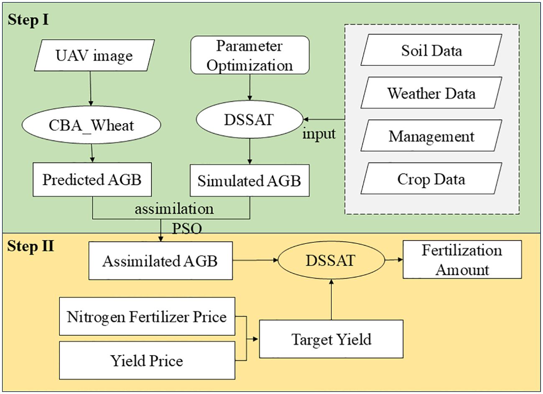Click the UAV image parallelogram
[94, 55]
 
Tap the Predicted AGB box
[92, 180]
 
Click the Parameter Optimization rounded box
[250, 56]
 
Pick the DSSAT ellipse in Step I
[250, 119]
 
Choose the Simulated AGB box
[250, 180]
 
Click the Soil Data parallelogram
[431, 50]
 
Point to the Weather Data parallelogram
[431, 93]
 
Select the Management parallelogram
[431, 136]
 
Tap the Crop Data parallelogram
[431, 179]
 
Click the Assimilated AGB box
[161, 261]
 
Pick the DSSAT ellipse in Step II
[330, 260]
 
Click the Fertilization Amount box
[462, 259]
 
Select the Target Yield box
[331, 339]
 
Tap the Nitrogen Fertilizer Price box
[147, 316]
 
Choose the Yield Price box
[147, 360]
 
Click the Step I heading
[28, 20]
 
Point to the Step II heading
[31, 246]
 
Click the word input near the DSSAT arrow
[319, 134]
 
